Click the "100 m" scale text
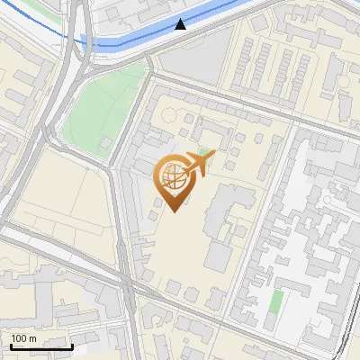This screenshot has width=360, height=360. pos(22,338)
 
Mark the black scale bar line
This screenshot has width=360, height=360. pos(40,346)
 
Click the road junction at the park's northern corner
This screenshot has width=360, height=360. pos(148,72)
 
